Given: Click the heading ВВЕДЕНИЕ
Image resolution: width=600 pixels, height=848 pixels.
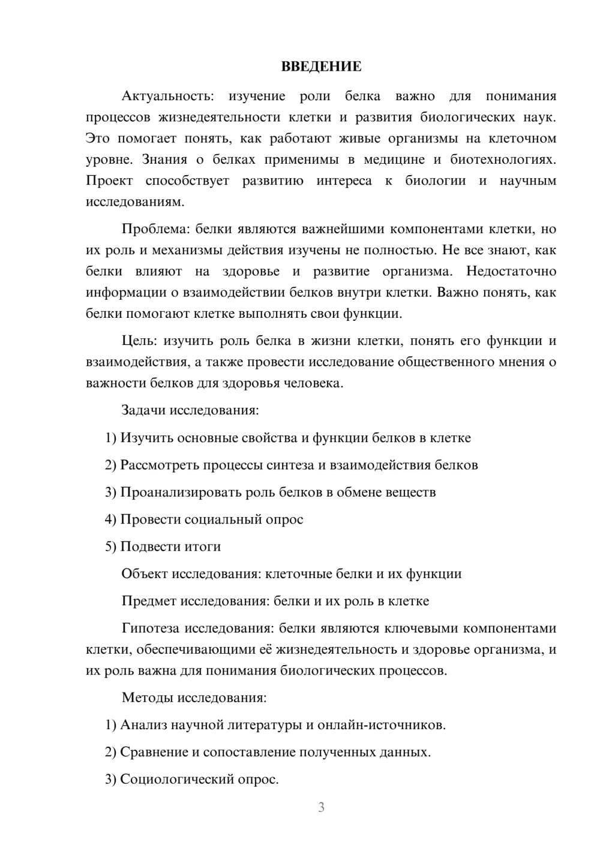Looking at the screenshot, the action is (321, 67).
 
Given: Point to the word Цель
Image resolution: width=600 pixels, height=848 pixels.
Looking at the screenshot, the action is (139, 341).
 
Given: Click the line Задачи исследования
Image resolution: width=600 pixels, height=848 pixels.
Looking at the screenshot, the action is (190, 410).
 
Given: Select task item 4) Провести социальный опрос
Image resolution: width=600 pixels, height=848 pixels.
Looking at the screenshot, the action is (204, 519).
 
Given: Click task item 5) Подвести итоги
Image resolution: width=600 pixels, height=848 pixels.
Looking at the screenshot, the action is (163, 546).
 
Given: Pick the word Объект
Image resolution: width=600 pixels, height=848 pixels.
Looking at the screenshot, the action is (145, 573).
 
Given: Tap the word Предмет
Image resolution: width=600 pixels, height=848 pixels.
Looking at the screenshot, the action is (149, 601).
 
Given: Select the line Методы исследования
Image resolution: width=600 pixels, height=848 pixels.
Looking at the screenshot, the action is (194, 697).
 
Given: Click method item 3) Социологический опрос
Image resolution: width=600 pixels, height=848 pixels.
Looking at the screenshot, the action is (192, 779).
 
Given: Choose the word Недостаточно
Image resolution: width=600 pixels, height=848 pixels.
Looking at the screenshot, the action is (511, 271).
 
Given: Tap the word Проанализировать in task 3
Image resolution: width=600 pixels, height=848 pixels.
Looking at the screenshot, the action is (181, 492).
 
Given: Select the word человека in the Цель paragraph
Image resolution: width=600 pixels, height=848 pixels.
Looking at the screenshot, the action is (316, 383).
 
